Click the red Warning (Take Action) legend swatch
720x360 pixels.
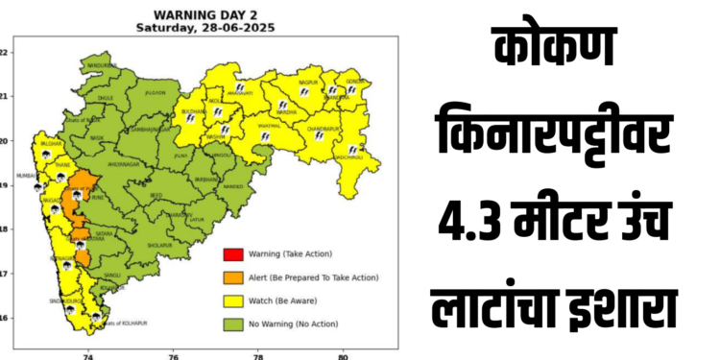tap(232, 254)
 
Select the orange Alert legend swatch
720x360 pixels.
tap(232, 277)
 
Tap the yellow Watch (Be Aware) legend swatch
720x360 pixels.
tap(232, 300)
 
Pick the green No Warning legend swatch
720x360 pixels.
tap(232, 324)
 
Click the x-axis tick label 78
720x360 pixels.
tap(257, 354)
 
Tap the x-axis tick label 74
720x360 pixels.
tap(88, 354)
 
